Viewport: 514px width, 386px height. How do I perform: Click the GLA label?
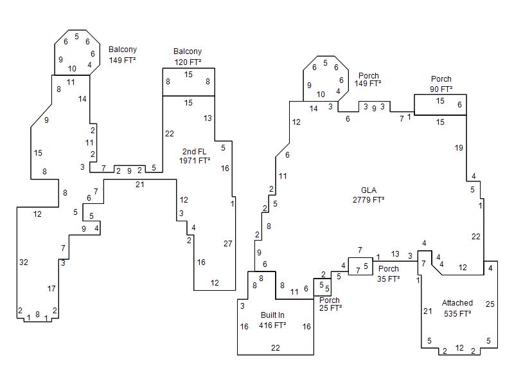pyautogui.click(x=369, y=190)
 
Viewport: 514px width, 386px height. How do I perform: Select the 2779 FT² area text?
pyautogui.click(x=369, y=200)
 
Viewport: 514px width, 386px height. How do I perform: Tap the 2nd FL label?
pyautogui.click(x=194, y=152)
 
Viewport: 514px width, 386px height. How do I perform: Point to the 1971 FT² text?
pyautogui.click(x=195, y=161)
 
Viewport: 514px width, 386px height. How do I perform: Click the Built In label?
pyautogui.click(x=272, y=315)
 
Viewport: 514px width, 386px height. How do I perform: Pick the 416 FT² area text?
pyautogui.click(x=272, y=326)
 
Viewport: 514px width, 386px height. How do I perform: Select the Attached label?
pyautogui.click(x=457, y=303)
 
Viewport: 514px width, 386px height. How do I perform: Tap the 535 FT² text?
pyautogui.click(x=457, y=314)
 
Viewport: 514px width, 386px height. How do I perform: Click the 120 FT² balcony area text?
pyautogui.click(x=188, y=62)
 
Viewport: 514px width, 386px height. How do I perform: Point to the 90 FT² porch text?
pyautogui.click(x=441, y=89)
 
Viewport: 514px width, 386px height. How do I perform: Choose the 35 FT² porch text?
pyautogui.click(x=389, y=279)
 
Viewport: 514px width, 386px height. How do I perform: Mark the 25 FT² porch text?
pyautogui.click(x=330, y=309)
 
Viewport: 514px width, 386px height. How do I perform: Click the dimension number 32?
pyautogui.click(x=24, y=262)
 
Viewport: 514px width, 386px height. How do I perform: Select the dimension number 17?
pyautogui.click(x=51, y=289)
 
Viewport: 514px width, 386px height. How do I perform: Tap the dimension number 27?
pyautogui.click(x=227, y=244)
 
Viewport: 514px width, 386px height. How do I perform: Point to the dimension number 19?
pyautogui.click(x=459, y=148)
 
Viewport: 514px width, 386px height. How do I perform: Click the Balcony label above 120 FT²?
pyautogui.click(x=188, y=51)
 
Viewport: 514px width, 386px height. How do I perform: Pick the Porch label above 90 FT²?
pyautogui.click(x=441, y=79)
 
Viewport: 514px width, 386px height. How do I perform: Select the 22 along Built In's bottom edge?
pyautogui.click(x=276, y=348)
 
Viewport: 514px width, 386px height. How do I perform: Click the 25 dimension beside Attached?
pyautogui.click(x=490, y=304)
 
